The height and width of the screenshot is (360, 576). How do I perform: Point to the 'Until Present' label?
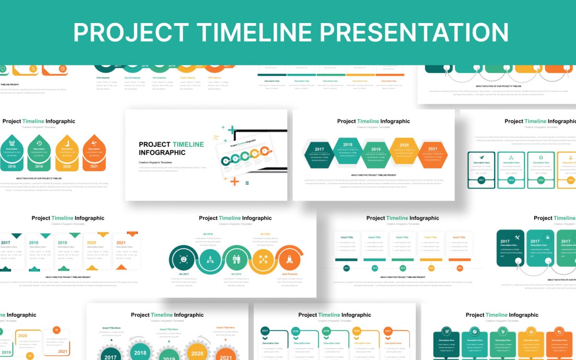tap(289, 274)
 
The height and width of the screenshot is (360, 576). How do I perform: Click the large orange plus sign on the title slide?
tap(234, 181)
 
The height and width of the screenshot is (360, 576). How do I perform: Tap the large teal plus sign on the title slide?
tap(232, 130)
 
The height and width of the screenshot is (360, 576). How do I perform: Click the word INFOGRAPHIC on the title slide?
tap(162, 153)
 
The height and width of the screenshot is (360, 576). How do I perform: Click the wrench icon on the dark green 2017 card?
tap(517, 238)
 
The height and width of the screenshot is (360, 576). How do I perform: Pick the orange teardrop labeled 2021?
tap(94, 153)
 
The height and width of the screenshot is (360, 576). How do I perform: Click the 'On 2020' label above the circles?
tap(265, 234)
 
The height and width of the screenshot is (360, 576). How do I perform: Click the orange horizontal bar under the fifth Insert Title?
tap(459, 260)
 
